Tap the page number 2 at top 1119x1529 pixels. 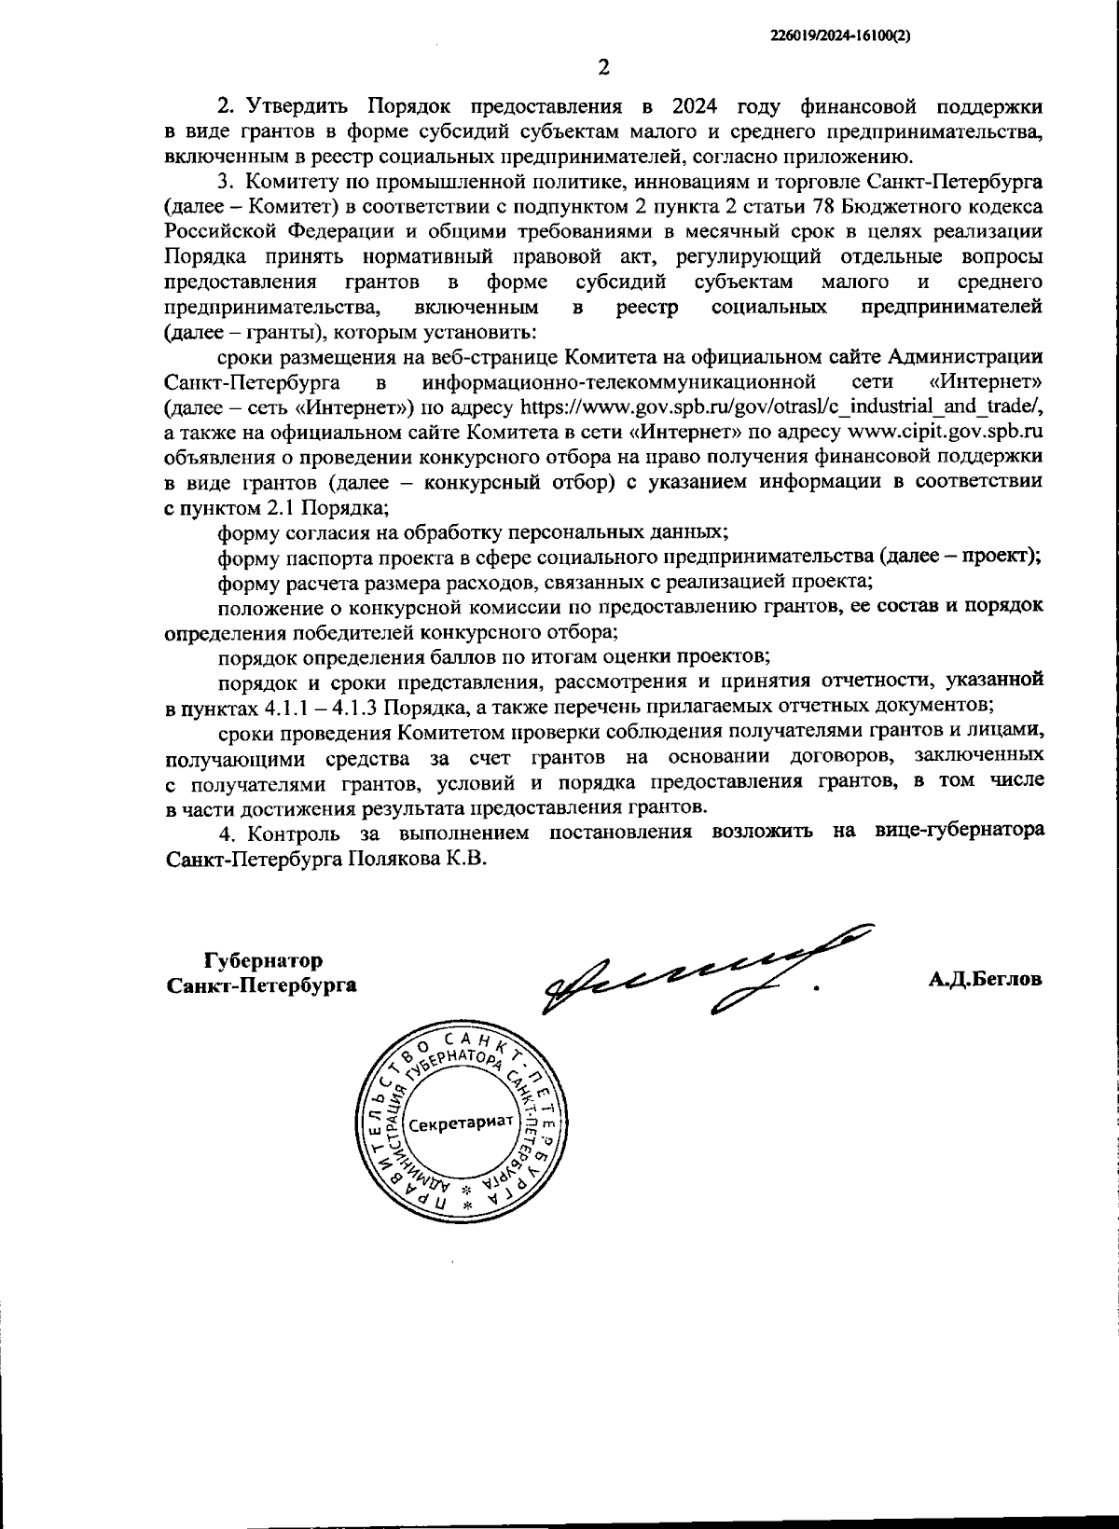pyautogui.click(x=603, y=66)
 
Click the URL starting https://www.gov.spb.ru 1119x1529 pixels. pyautogui.click(x=780, y=407)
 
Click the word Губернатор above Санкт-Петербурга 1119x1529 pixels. pyautogui.click(x=264, y=959)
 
